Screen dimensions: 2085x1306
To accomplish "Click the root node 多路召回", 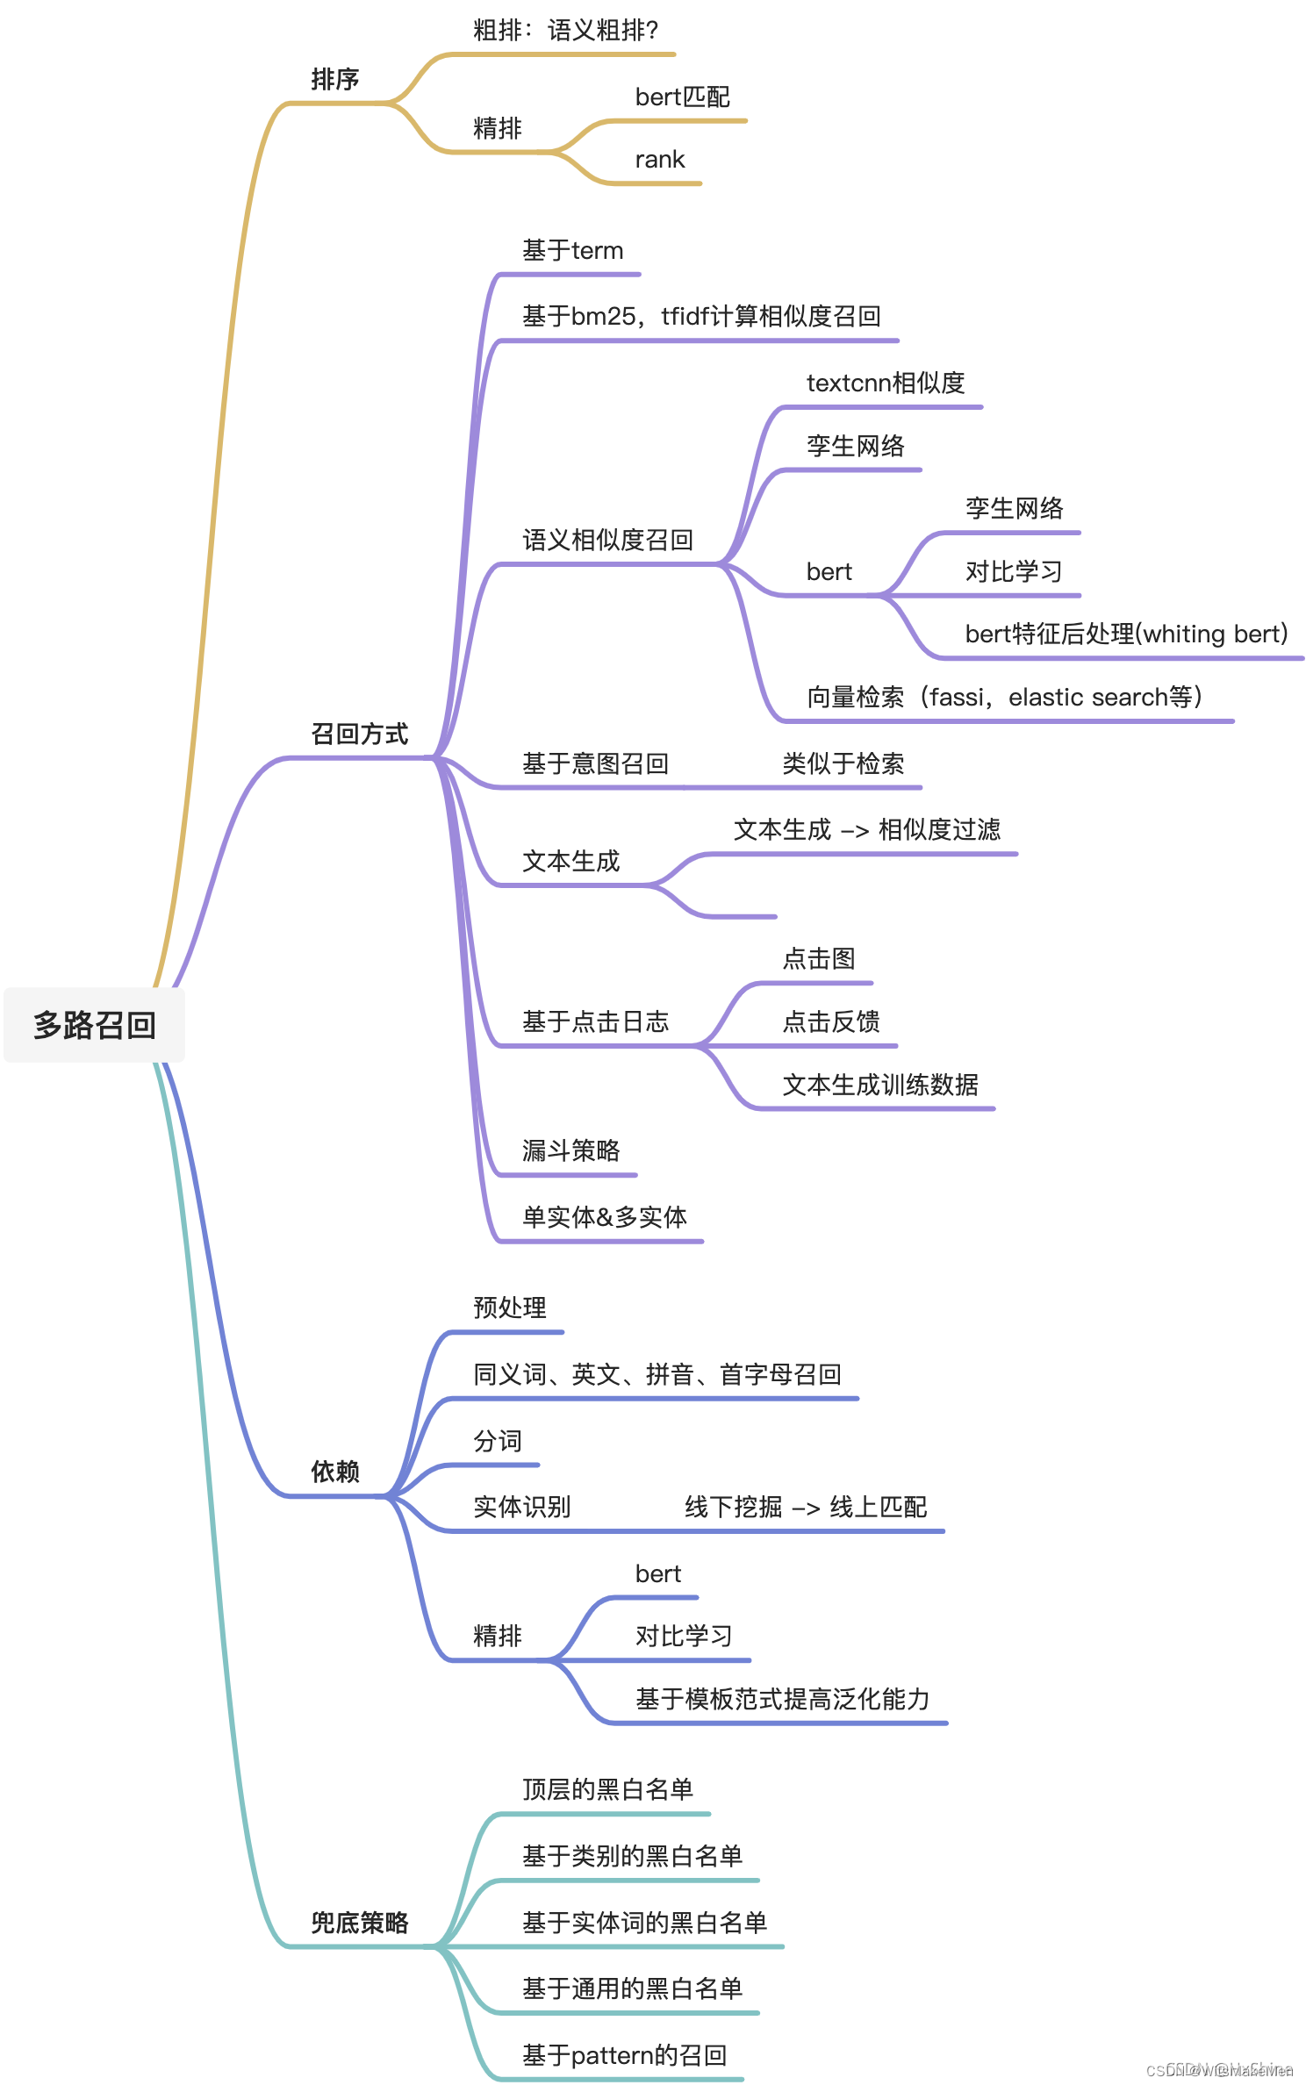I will (x=95, y=1025).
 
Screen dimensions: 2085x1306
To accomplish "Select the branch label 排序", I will (x=335, y=80).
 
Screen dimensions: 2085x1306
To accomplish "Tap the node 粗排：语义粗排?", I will (x=565, y=31).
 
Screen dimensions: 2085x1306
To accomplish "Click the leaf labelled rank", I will (x=659, y=160).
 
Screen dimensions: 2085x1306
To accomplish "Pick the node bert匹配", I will (x=682, y=97).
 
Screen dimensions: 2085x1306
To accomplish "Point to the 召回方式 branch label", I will (x=360, y=734).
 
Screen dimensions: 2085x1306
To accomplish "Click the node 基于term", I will (x=572, y=251).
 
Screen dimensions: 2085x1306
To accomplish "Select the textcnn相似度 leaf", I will (x=885, y=383).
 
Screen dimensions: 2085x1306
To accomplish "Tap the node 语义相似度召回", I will (x=607, y=540).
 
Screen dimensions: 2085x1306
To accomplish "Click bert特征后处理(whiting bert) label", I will (x=1126, y=634).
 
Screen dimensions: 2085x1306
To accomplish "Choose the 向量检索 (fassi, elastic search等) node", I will (x=1004, y=697).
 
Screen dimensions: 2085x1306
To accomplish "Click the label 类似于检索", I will (x=843, y=763).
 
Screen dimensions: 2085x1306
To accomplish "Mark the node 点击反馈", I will (x=830, y=1021).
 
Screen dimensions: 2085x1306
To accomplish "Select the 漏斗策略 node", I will (x=570, y=1150).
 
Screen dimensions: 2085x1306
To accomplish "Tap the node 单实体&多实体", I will (x=604, y=1217).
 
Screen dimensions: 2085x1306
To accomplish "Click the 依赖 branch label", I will (x=335, y=1472).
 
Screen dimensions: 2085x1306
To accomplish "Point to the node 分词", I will (x=497, y=1441).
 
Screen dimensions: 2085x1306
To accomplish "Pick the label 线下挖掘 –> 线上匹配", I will (x=806, y=1507).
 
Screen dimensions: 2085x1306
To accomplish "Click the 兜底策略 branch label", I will (x=360, y=1923).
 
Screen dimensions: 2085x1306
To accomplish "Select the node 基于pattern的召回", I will (x=624, y=2055).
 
